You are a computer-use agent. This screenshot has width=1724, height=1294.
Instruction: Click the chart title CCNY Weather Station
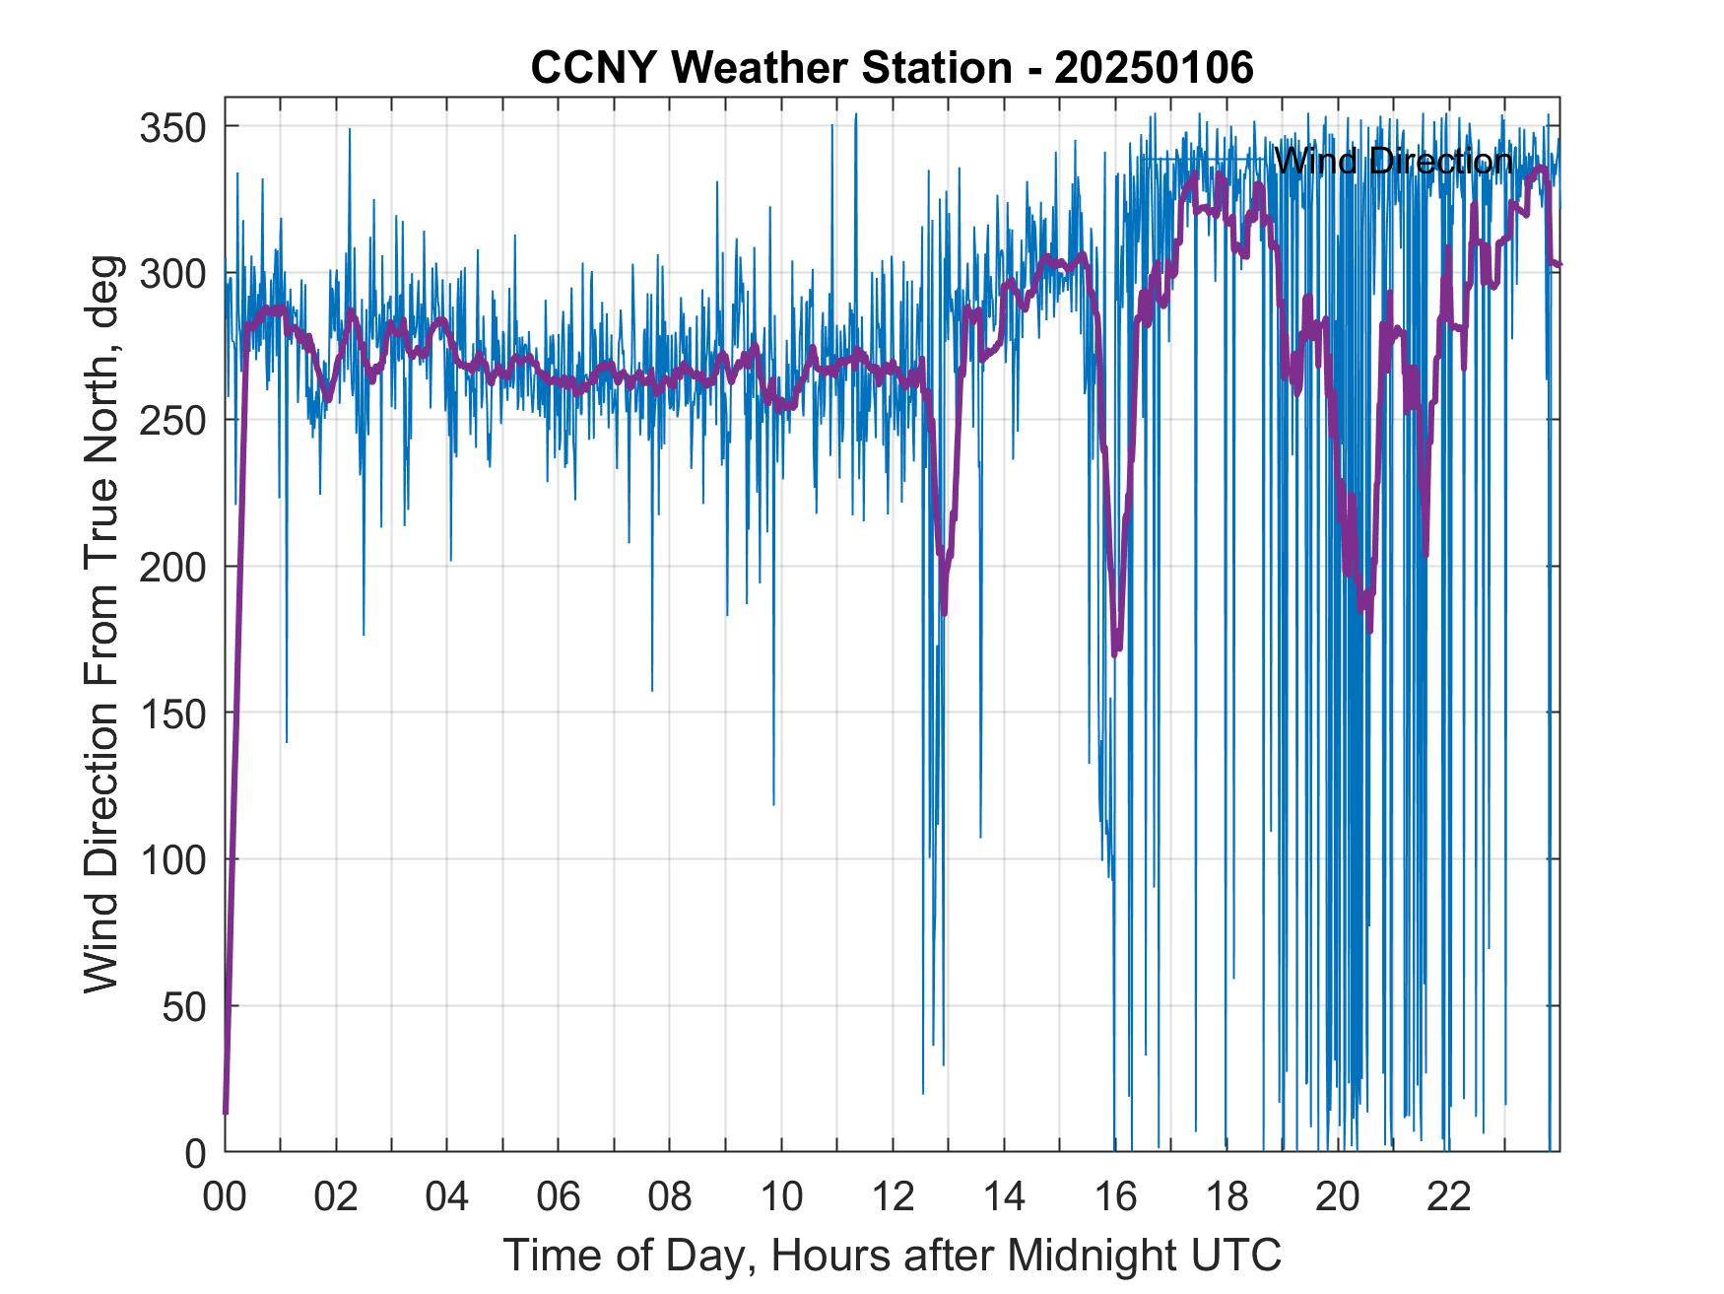(x=892, y=68)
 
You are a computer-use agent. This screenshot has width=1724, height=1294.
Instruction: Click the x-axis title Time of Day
(x=892, y=1255)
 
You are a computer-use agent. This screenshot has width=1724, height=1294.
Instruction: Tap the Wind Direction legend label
(x=1393, y=161)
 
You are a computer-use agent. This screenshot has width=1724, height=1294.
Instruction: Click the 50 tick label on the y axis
(x=185, y=1006)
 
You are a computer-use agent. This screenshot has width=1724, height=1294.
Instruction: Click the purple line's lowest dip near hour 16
(x=1116, y=654)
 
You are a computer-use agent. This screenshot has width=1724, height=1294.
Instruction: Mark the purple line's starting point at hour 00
(x=226, y=1113)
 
